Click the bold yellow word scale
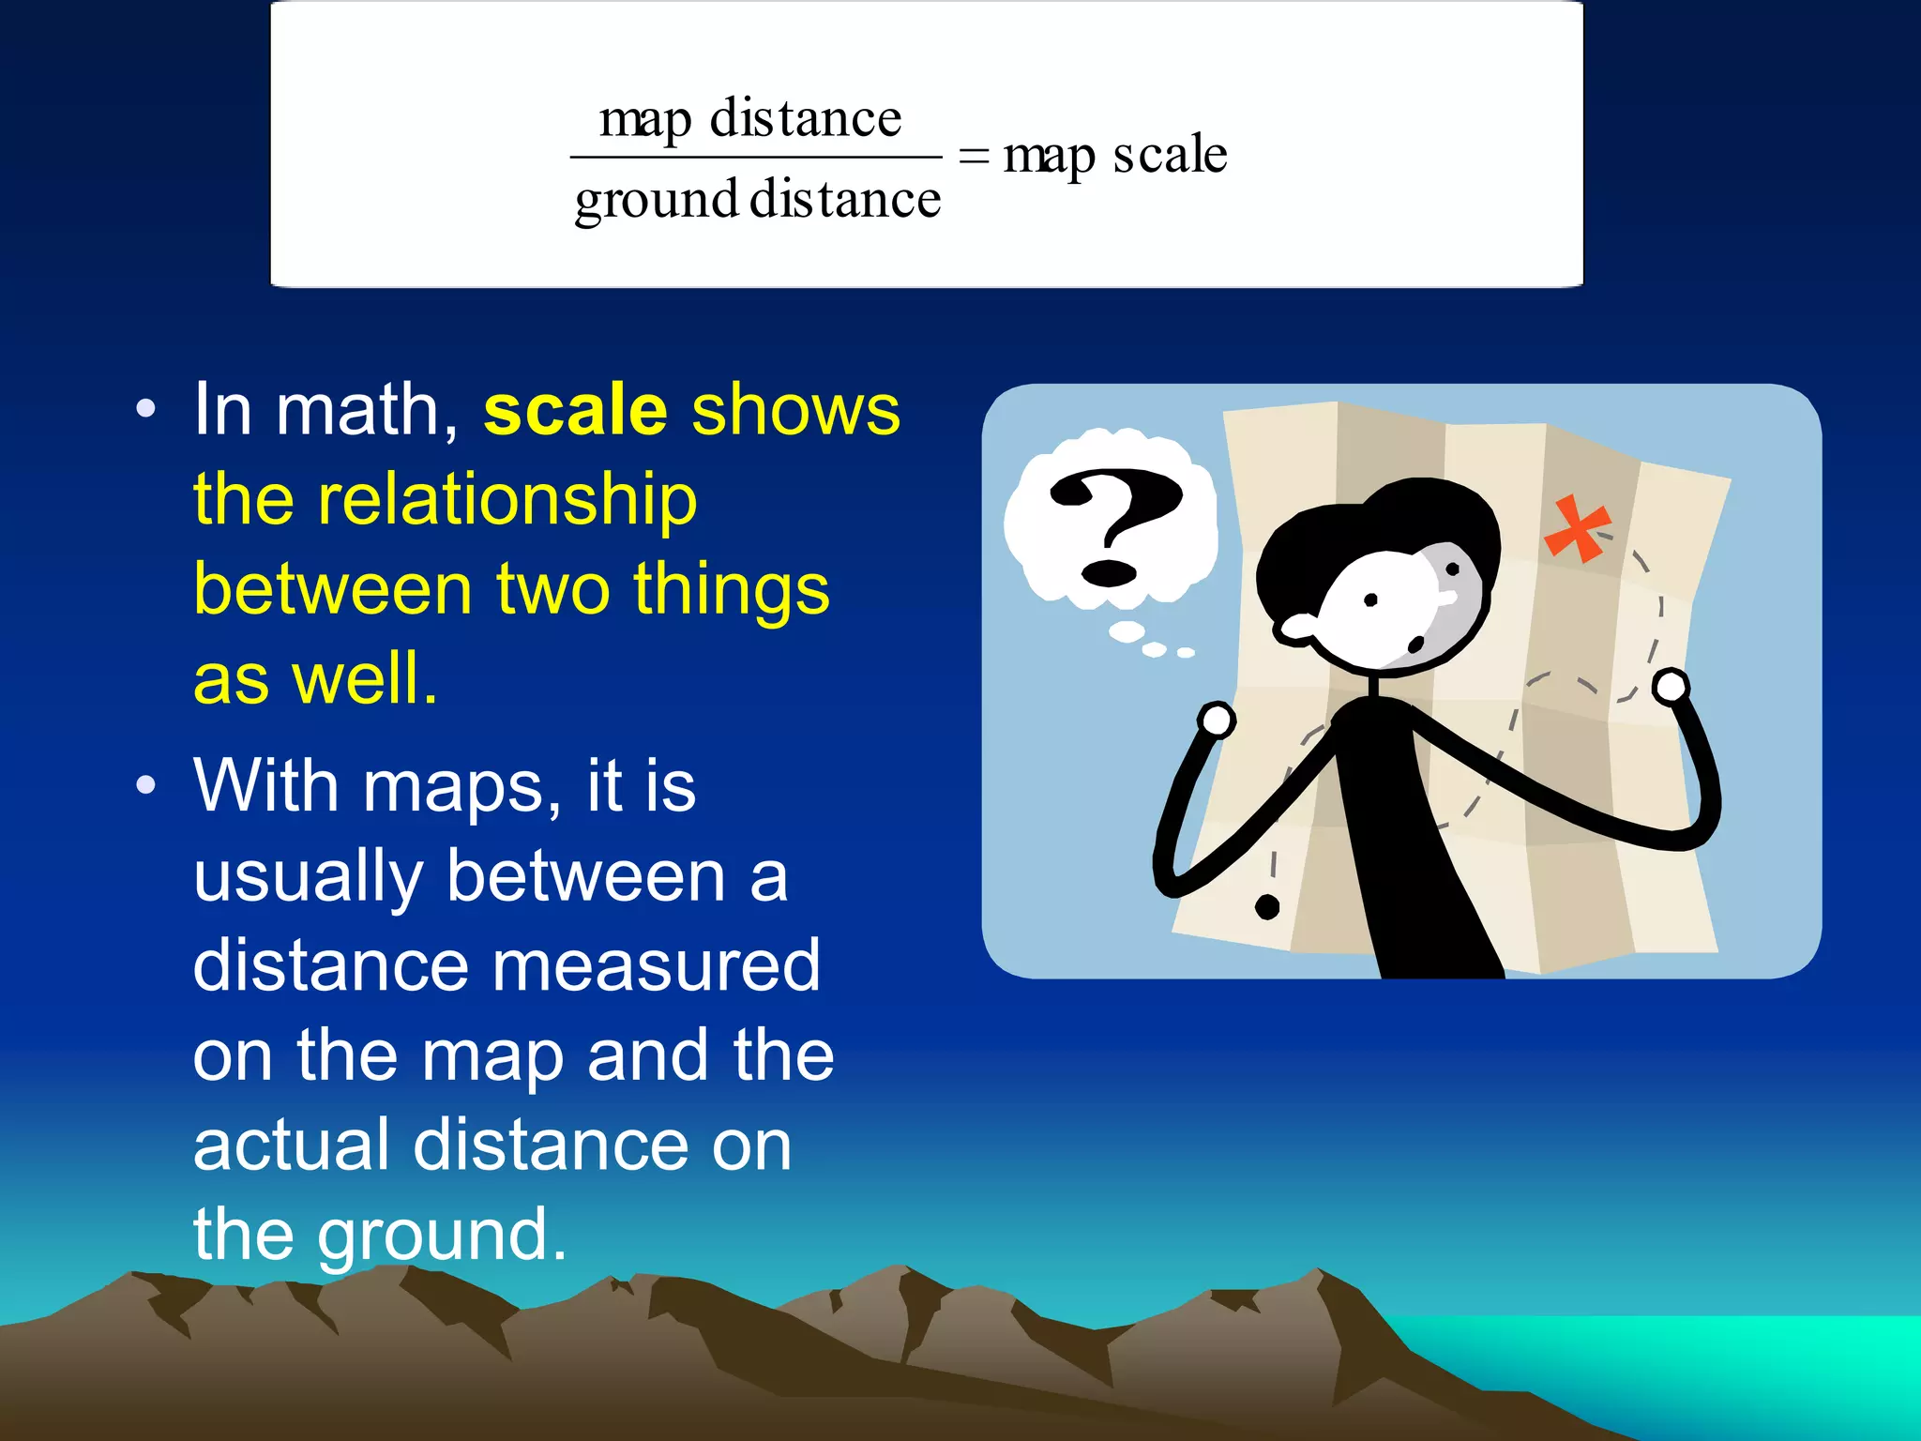tap(575, 411)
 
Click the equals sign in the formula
tap(975, 157)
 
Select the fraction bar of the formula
tap(755, 158)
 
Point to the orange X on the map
tap(1577, 528)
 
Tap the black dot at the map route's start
tap(1267, 906)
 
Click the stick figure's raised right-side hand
tap(1671, 687)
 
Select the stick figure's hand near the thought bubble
tap(1217, 720)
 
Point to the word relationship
tap(507, 500)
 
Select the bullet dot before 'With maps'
tap(145, 785)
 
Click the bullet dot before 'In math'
tap(145, 409)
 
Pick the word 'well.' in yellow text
tap(364, 678)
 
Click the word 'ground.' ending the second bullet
tap(441, 1236)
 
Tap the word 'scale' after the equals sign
tap(1169, 155)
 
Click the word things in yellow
tap(732, 589)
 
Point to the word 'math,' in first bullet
tap(367, 411)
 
